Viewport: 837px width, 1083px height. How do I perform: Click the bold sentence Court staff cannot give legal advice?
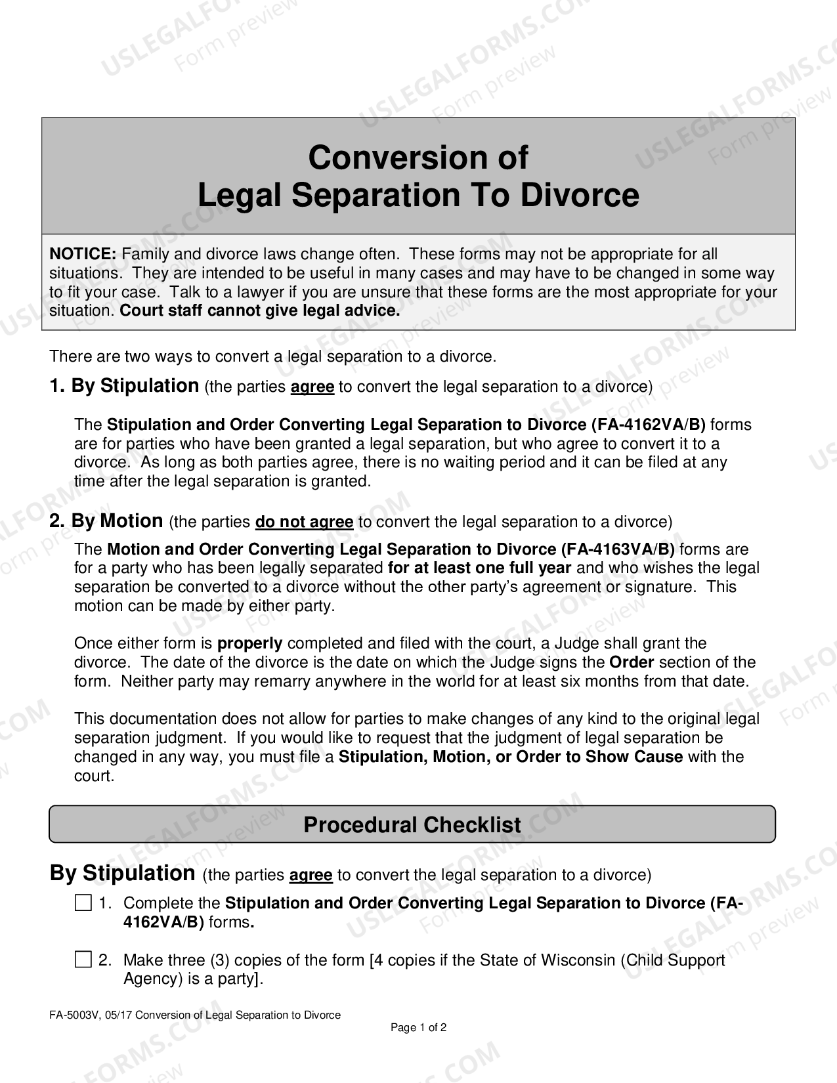pos(260,310)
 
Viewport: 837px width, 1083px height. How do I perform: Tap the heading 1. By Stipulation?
pos(124,386)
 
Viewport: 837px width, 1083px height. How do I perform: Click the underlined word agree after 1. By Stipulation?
pos(312,387)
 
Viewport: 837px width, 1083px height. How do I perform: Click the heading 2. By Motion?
pos(106,521)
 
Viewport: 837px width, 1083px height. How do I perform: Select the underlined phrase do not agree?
pos(304,522)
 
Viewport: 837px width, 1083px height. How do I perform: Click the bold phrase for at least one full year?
pos(479,568)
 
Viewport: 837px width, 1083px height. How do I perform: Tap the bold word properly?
pos(249,643)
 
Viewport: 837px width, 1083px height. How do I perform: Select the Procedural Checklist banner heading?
pos(412,825)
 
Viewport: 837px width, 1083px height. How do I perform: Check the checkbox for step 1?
pos(83,903)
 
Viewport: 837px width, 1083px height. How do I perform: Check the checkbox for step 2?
pos(83,960)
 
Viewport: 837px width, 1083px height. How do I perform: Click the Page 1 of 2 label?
pos(418,1028)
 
